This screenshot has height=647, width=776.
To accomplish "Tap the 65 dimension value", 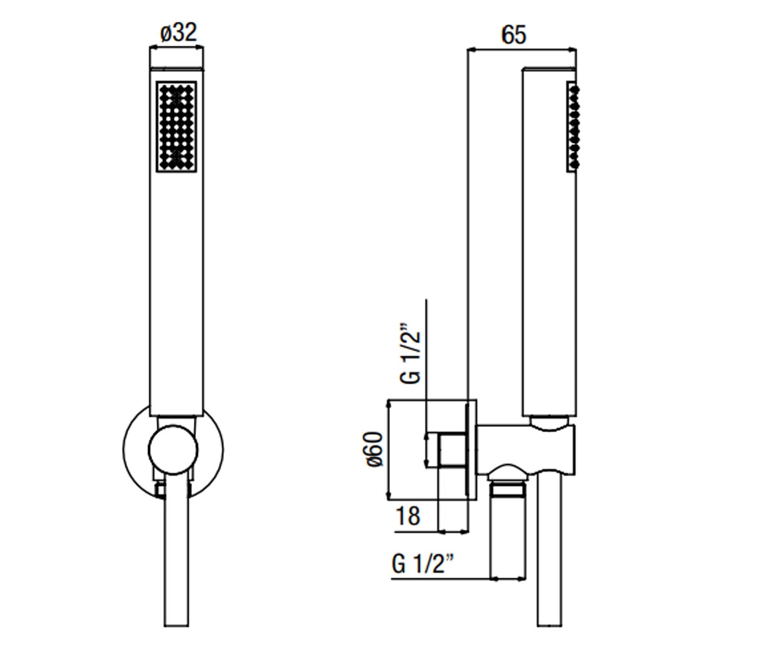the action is (513, 35).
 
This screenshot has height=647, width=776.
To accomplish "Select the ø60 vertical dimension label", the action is (374, 449).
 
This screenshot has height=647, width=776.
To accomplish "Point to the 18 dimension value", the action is (408, 516).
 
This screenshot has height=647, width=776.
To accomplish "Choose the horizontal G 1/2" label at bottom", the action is (422, 564).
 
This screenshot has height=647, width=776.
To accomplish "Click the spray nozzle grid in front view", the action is (176, 127).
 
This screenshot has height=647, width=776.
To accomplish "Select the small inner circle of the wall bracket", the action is (173, 450).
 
